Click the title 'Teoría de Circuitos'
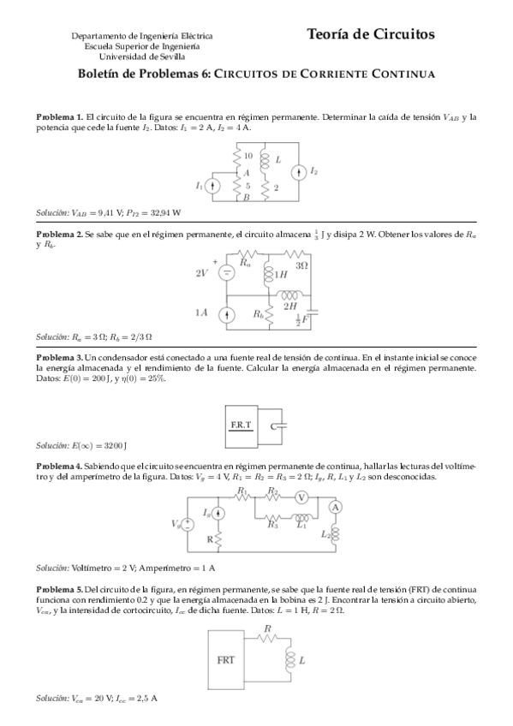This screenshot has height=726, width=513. click(x=370, y=34)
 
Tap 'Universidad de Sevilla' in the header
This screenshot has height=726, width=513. click(x=142, y=56)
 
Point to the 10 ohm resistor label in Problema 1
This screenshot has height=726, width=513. click(x=248, y=157)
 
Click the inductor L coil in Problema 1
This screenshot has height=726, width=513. click(x=265, y=160)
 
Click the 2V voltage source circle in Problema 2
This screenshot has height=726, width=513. click(x=227, y=273)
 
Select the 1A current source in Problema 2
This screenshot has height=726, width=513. click(x=227, y=314)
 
